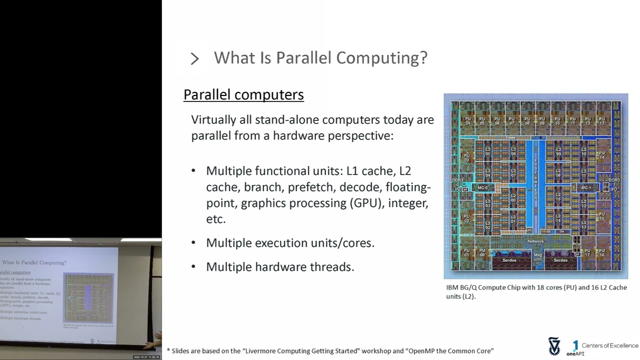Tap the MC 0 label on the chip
point(482,188)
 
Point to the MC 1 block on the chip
point(586,188)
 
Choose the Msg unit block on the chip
point(537,257)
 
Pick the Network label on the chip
point(535,241)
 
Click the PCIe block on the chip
point(576,244)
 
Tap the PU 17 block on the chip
point(587,253)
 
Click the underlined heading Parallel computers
point(243,94)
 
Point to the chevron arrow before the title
point(194,58)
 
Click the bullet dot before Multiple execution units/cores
point(193,242)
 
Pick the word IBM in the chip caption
point(452,287)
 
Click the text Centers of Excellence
point(610,345)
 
